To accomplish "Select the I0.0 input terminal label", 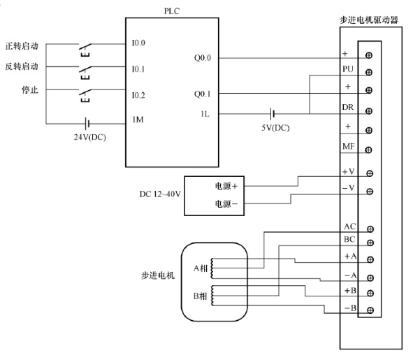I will click(x=138, y=43).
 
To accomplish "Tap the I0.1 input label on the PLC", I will click(x=138, y=69).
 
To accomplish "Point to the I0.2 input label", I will click(x=138, y=94).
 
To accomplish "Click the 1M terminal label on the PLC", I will click(x=138, y=120).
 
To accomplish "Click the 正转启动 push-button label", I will click(x=21, y=47).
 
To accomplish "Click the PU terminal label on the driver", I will click(x=348, y=70).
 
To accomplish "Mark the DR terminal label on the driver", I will click(x=348, y=108).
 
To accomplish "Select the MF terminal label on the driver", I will click(x=348, y=146).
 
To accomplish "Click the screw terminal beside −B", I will click(x=368, y=309).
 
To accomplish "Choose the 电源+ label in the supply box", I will click(x=226, y=187).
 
